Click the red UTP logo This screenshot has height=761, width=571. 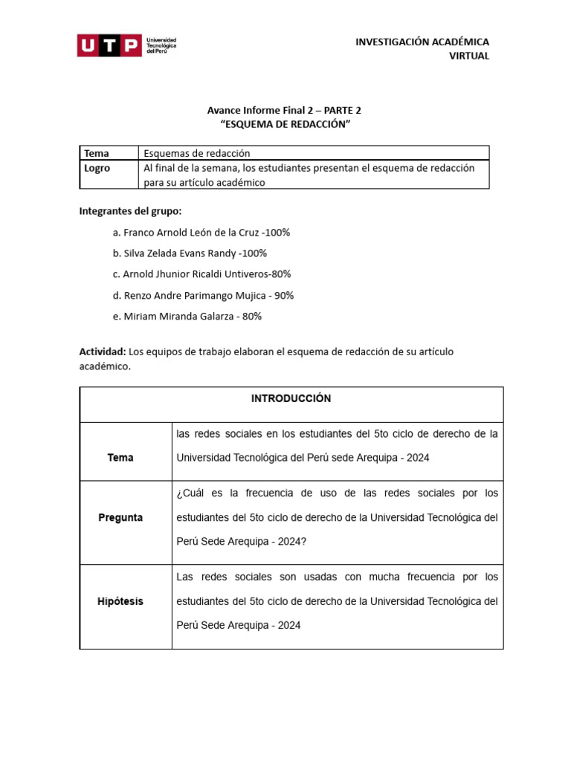click(x=109, y=46)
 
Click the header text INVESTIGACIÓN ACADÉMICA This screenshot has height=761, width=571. click(x=422, y=42)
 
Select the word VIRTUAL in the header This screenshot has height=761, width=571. click(x=469, y=56)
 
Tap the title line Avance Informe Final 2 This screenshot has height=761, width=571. click(x=284, y=110)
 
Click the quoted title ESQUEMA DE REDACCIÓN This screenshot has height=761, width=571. click(x=284, y=124)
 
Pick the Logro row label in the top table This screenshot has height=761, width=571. click(x=97, y=168)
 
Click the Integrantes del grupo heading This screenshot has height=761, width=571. click(x=130, y=211)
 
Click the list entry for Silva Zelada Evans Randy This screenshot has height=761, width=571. click(x=190, y=253)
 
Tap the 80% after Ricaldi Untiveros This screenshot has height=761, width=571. click(x=280, y=274)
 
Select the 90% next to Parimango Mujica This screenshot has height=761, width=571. click(x=283, y=295)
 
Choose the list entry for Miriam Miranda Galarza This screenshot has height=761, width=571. click(x=187, y=316)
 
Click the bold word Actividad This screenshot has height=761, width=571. click(x=103, y=352)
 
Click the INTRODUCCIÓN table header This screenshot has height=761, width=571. click(x=291, y=399)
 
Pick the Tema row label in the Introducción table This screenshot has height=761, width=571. click(x=120, y=458)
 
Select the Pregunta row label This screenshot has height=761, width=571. click(x=120, y=517)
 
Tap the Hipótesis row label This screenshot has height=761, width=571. click(x=120, y=601)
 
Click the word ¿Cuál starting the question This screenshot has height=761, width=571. click(x=190, y=493)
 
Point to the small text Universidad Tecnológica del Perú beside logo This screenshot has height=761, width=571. click(x=161, y=46)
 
